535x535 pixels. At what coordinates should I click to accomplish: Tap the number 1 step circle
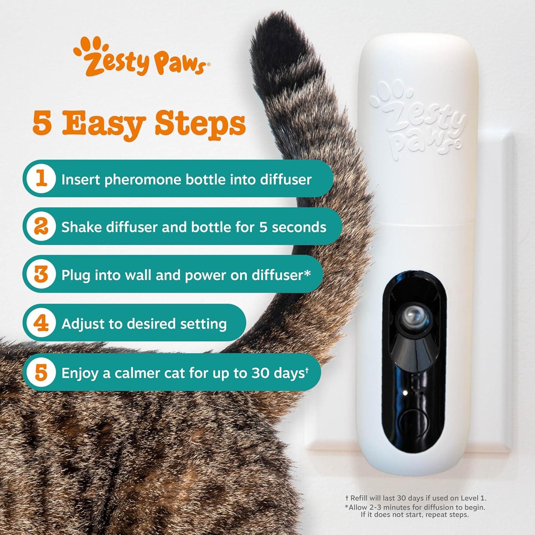click(42, 178)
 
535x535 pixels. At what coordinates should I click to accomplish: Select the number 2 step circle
click(42, 226)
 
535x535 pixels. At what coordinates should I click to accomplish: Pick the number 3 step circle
click(42, 274)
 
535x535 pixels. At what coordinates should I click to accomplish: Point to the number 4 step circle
click(42, 323)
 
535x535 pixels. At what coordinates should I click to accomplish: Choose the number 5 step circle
click(42, 372)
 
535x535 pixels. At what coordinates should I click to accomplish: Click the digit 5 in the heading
click(42, 123)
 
